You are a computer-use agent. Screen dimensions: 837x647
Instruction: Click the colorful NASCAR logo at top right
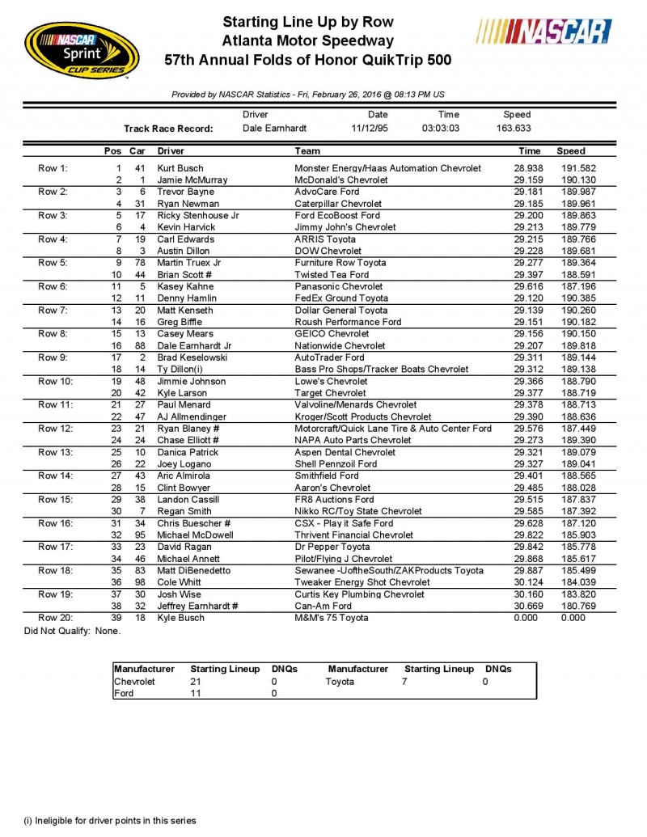tap(543, 32)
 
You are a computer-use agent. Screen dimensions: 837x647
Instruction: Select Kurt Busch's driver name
tap(180, 168)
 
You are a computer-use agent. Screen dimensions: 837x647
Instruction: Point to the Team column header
tap(307, 151)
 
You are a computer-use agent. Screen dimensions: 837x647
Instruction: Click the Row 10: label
tap(56, 382)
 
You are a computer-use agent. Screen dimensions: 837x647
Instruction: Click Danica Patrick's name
tap(185, 453)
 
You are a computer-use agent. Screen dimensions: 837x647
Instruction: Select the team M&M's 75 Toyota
tap(332, 619)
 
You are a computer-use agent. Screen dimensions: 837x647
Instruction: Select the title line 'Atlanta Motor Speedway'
tap(307, 40)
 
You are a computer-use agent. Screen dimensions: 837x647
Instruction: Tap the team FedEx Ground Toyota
tap(342, 298)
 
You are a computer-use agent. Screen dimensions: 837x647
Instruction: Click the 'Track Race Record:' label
tap(167, 129)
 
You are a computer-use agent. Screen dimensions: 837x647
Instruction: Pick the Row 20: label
tap(56, 619)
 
